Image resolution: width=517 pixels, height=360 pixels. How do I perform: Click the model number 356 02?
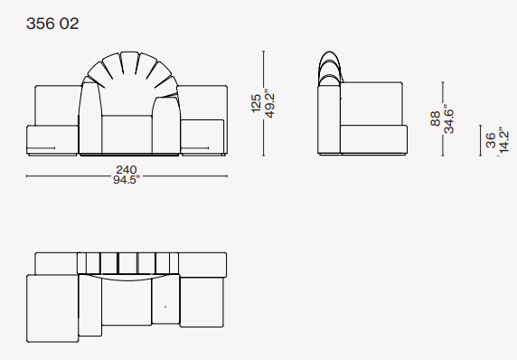tap(52, 24)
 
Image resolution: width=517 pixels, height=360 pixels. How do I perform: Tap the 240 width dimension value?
tap(127, 170)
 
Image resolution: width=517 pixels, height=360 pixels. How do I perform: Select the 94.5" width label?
tap(127, 180)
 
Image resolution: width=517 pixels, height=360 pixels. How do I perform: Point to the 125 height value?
tap(256, 103)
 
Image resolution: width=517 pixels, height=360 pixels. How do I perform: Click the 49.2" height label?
tap(269, 103)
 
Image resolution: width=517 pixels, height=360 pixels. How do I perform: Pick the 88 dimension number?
tap(436, 118)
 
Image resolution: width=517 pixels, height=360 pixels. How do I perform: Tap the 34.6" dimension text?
tap(448, 118)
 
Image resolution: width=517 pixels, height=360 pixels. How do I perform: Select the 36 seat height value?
tap(491, 140)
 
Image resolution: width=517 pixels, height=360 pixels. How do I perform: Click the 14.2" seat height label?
tap(504, 141)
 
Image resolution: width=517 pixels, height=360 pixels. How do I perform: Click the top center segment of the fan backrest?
tap(129, 62)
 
